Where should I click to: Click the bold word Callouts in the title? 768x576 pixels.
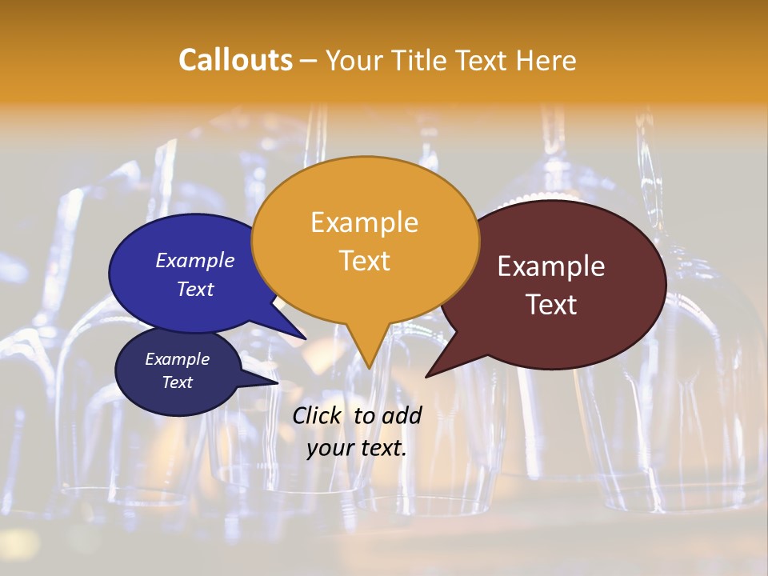235,60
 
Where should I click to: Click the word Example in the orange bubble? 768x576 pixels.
364,222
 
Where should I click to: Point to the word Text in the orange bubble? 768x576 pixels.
364,260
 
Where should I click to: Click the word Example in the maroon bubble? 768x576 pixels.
551,266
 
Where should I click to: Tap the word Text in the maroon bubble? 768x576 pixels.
551,304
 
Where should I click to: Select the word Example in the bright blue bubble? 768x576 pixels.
195,260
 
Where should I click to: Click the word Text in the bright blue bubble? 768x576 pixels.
195,289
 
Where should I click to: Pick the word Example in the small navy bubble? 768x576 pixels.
177,359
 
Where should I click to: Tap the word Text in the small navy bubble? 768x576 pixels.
177,382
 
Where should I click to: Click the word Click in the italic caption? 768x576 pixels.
318,415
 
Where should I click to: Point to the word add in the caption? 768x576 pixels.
401,415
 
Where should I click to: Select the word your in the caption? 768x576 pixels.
330,448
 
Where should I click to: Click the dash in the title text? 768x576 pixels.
308,61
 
